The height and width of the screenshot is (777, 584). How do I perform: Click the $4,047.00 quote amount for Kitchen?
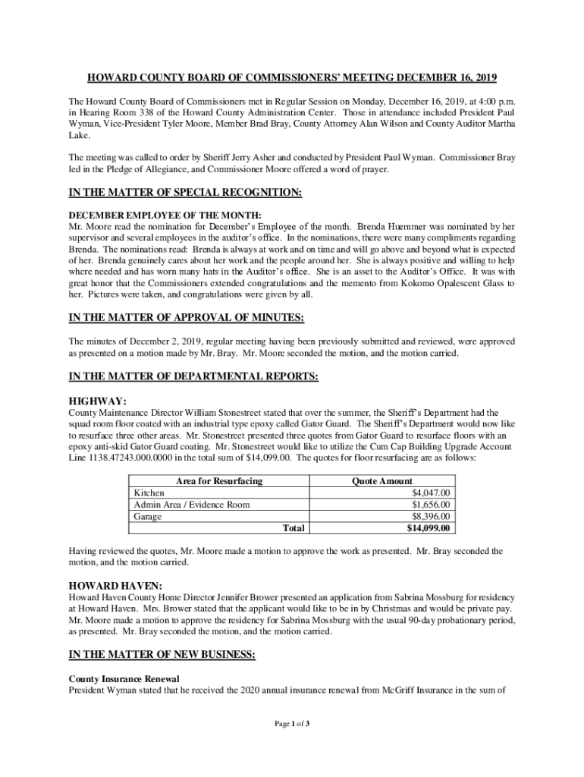(x=431, y=492)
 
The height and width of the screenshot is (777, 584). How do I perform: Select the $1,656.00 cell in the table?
(x=431, y=505)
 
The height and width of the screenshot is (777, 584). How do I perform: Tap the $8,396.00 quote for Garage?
(x=431, y=517)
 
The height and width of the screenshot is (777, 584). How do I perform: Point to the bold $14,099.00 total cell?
(x=429, y=528)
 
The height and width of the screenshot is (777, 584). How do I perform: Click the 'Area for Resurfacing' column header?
(x=219, y=481)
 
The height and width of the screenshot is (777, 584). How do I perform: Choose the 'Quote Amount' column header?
(x=381, y=481)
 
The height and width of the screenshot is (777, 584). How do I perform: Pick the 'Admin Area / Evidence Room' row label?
(x=191, y=505)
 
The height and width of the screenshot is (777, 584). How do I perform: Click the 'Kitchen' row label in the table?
(x=149, y=492)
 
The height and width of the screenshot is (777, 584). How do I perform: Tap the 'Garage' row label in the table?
(x=148, y=517)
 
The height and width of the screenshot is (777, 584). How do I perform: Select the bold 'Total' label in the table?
(x=293, y=528)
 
